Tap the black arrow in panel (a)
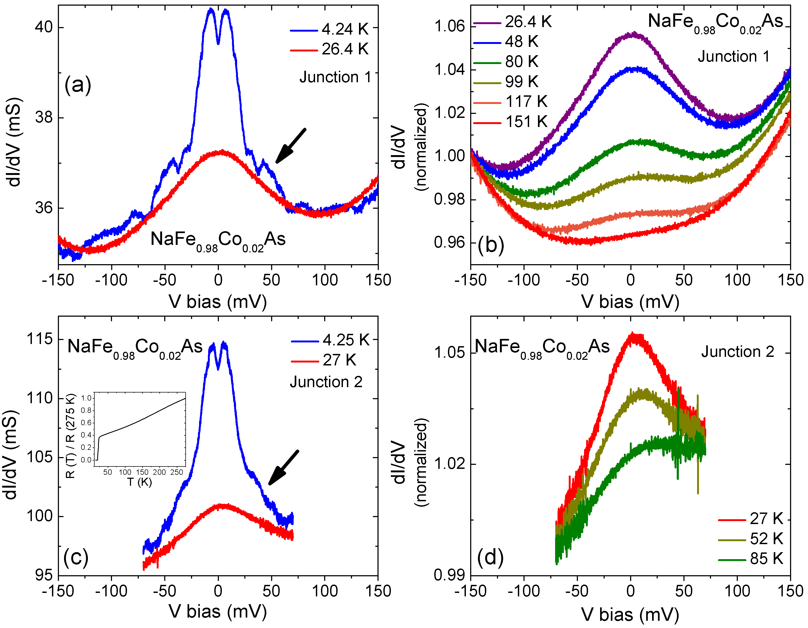[291, 145]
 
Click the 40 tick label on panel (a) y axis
[44, 27]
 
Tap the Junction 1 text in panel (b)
[734, 57]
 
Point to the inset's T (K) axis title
[140, 482]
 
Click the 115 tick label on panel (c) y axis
[40, 339]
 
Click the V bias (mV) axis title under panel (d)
[630, 615]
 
